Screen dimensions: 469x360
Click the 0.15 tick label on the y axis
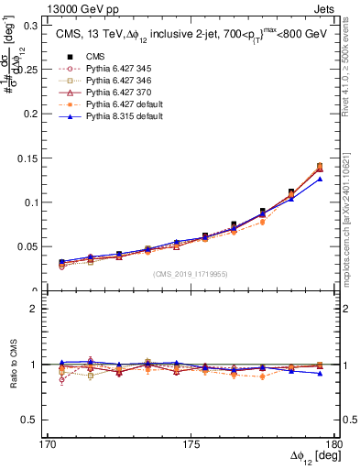[34, 158]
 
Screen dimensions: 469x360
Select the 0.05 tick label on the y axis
[34, 247]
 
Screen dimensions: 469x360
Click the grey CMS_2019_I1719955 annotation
[192, 273]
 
